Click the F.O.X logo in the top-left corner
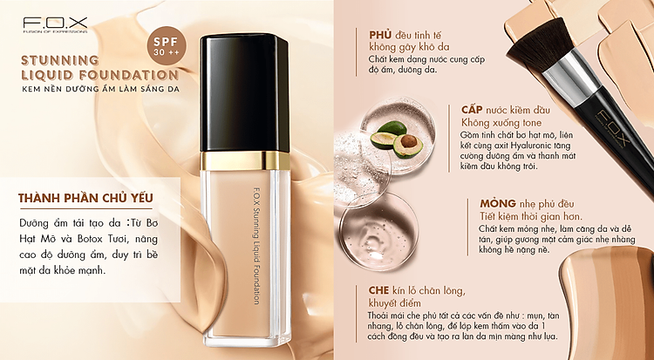[56, 25]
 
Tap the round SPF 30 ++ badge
[167, 46]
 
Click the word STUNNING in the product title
[59, 60]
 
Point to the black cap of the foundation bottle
[244, 93]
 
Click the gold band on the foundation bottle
[244, 161]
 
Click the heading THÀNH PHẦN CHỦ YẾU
[85, 198]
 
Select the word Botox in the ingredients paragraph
[99, 239]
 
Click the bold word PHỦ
[380, 35]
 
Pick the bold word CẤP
[472, 110]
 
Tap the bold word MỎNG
[498, 204]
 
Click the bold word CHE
[378, 290]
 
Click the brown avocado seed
[409, 142]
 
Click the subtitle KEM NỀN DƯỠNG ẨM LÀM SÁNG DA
[101, 89]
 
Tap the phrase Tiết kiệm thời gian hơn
[531, 216]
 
